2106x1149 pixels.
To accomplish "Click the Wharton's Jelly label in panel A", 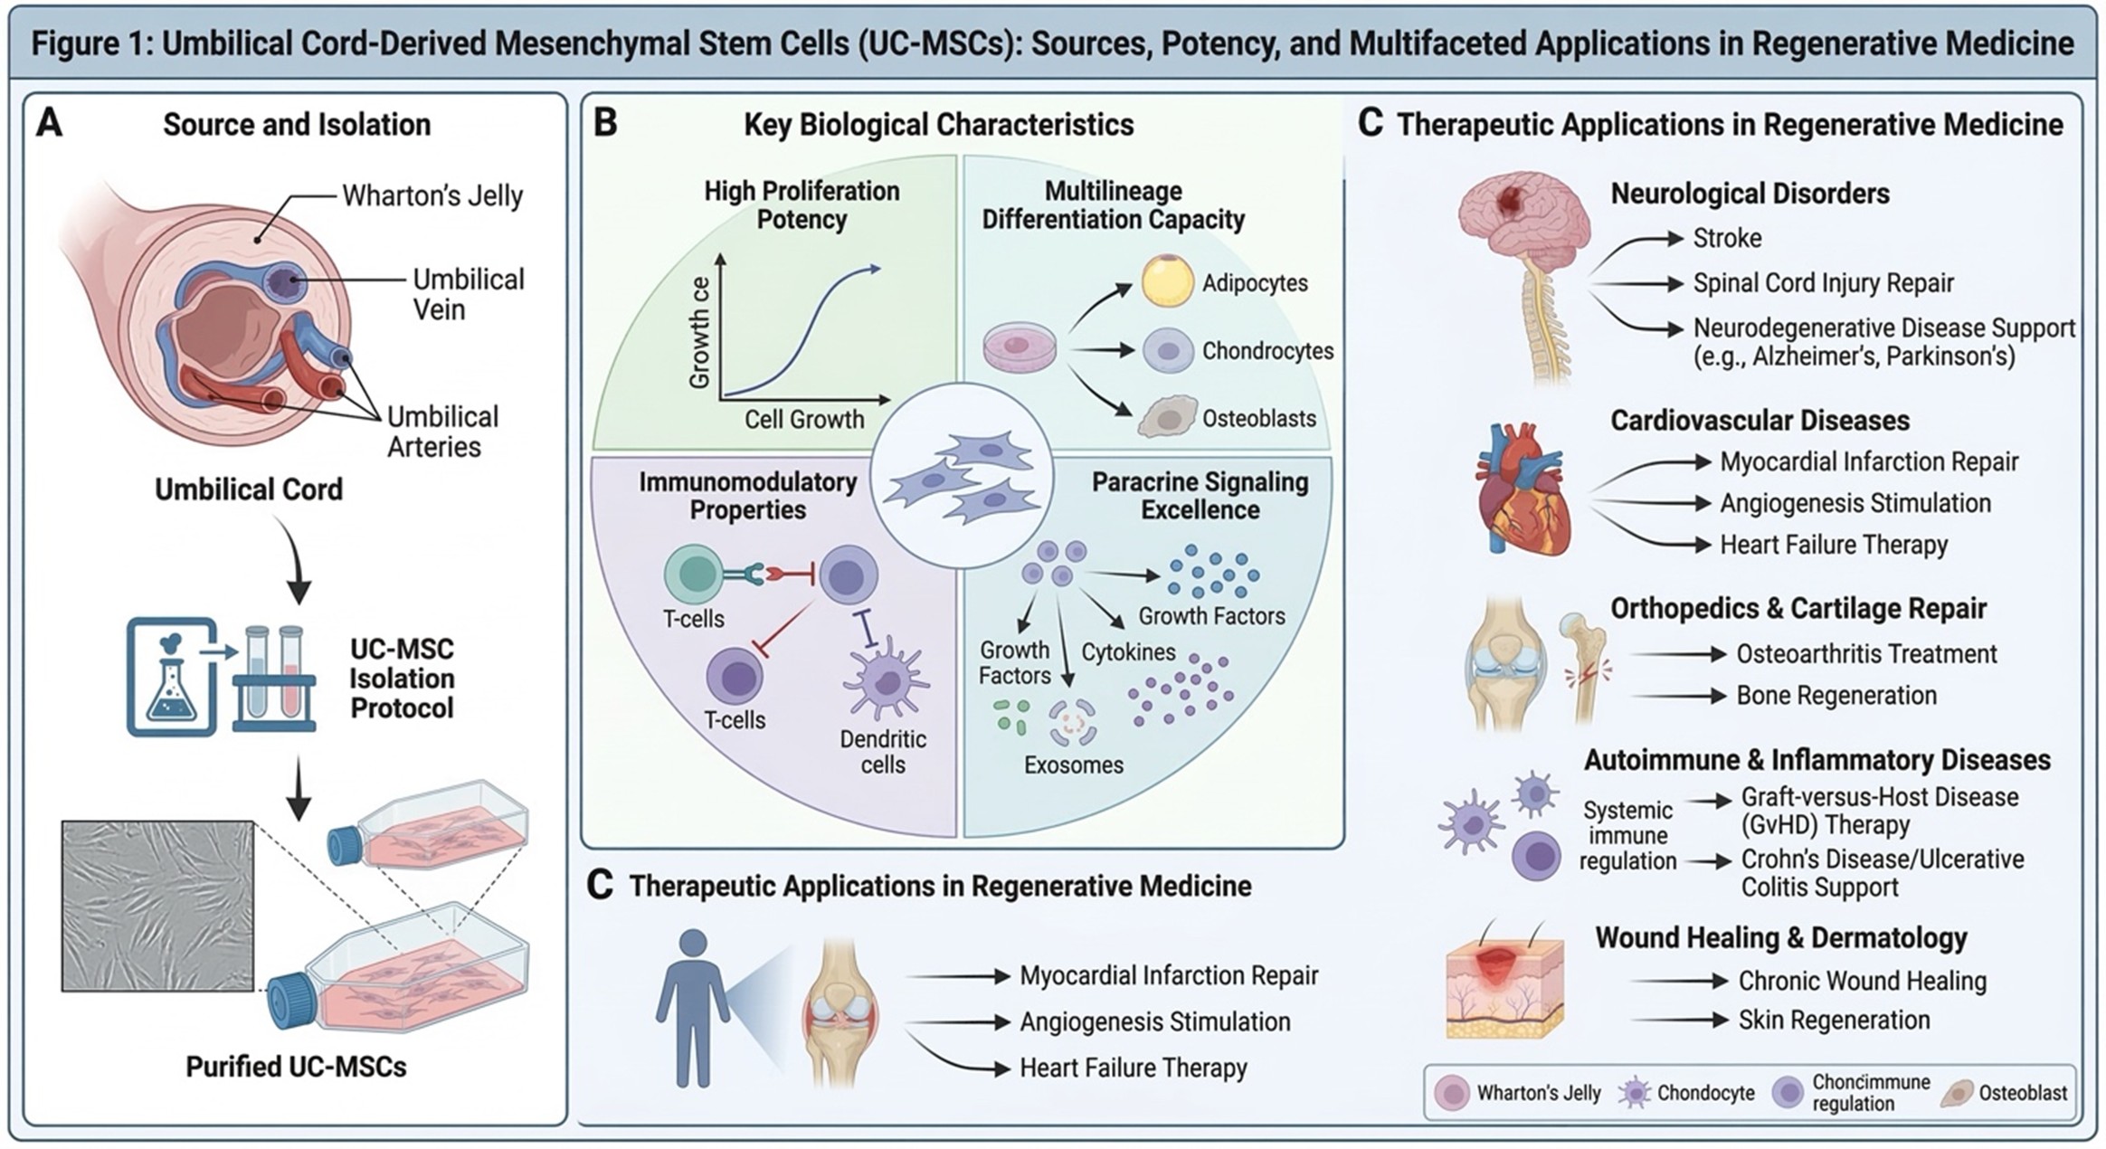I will coord(432,196).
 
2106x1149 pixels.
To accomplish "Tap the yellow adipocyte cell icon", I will coord(1167,281).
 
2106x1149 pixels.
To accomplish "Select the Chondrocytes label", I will coord(1266,351).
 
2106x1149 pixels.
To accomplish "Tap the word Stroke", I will coord(1727,238).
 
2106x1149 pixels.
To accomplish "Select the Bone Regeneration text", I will coord(1836,695).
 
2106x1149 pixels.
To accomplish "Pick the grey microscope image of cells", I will coord(157,906).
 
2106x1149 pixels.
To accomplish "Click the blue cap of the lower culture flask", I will coord(291,1000).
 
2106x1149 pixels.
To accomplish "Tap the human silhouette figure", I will coord(692,1008).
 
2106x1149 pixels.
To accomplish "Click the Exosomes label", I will coord(1073,765).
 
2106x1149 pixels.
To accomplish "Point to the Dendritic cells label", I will coord(882,752).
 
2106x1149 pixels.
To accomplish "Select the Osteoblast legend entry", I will coord(2022,1093).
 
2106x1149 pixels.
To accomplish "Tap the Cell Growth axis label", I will coord(803,420).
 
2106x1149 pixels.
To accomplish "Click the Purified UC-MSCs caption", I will coord(296,1067).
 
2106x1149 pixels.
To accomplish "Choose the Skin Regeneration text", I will coord(1834,1020).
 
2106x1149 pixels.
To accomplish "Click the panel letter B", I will coord(605,123).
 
